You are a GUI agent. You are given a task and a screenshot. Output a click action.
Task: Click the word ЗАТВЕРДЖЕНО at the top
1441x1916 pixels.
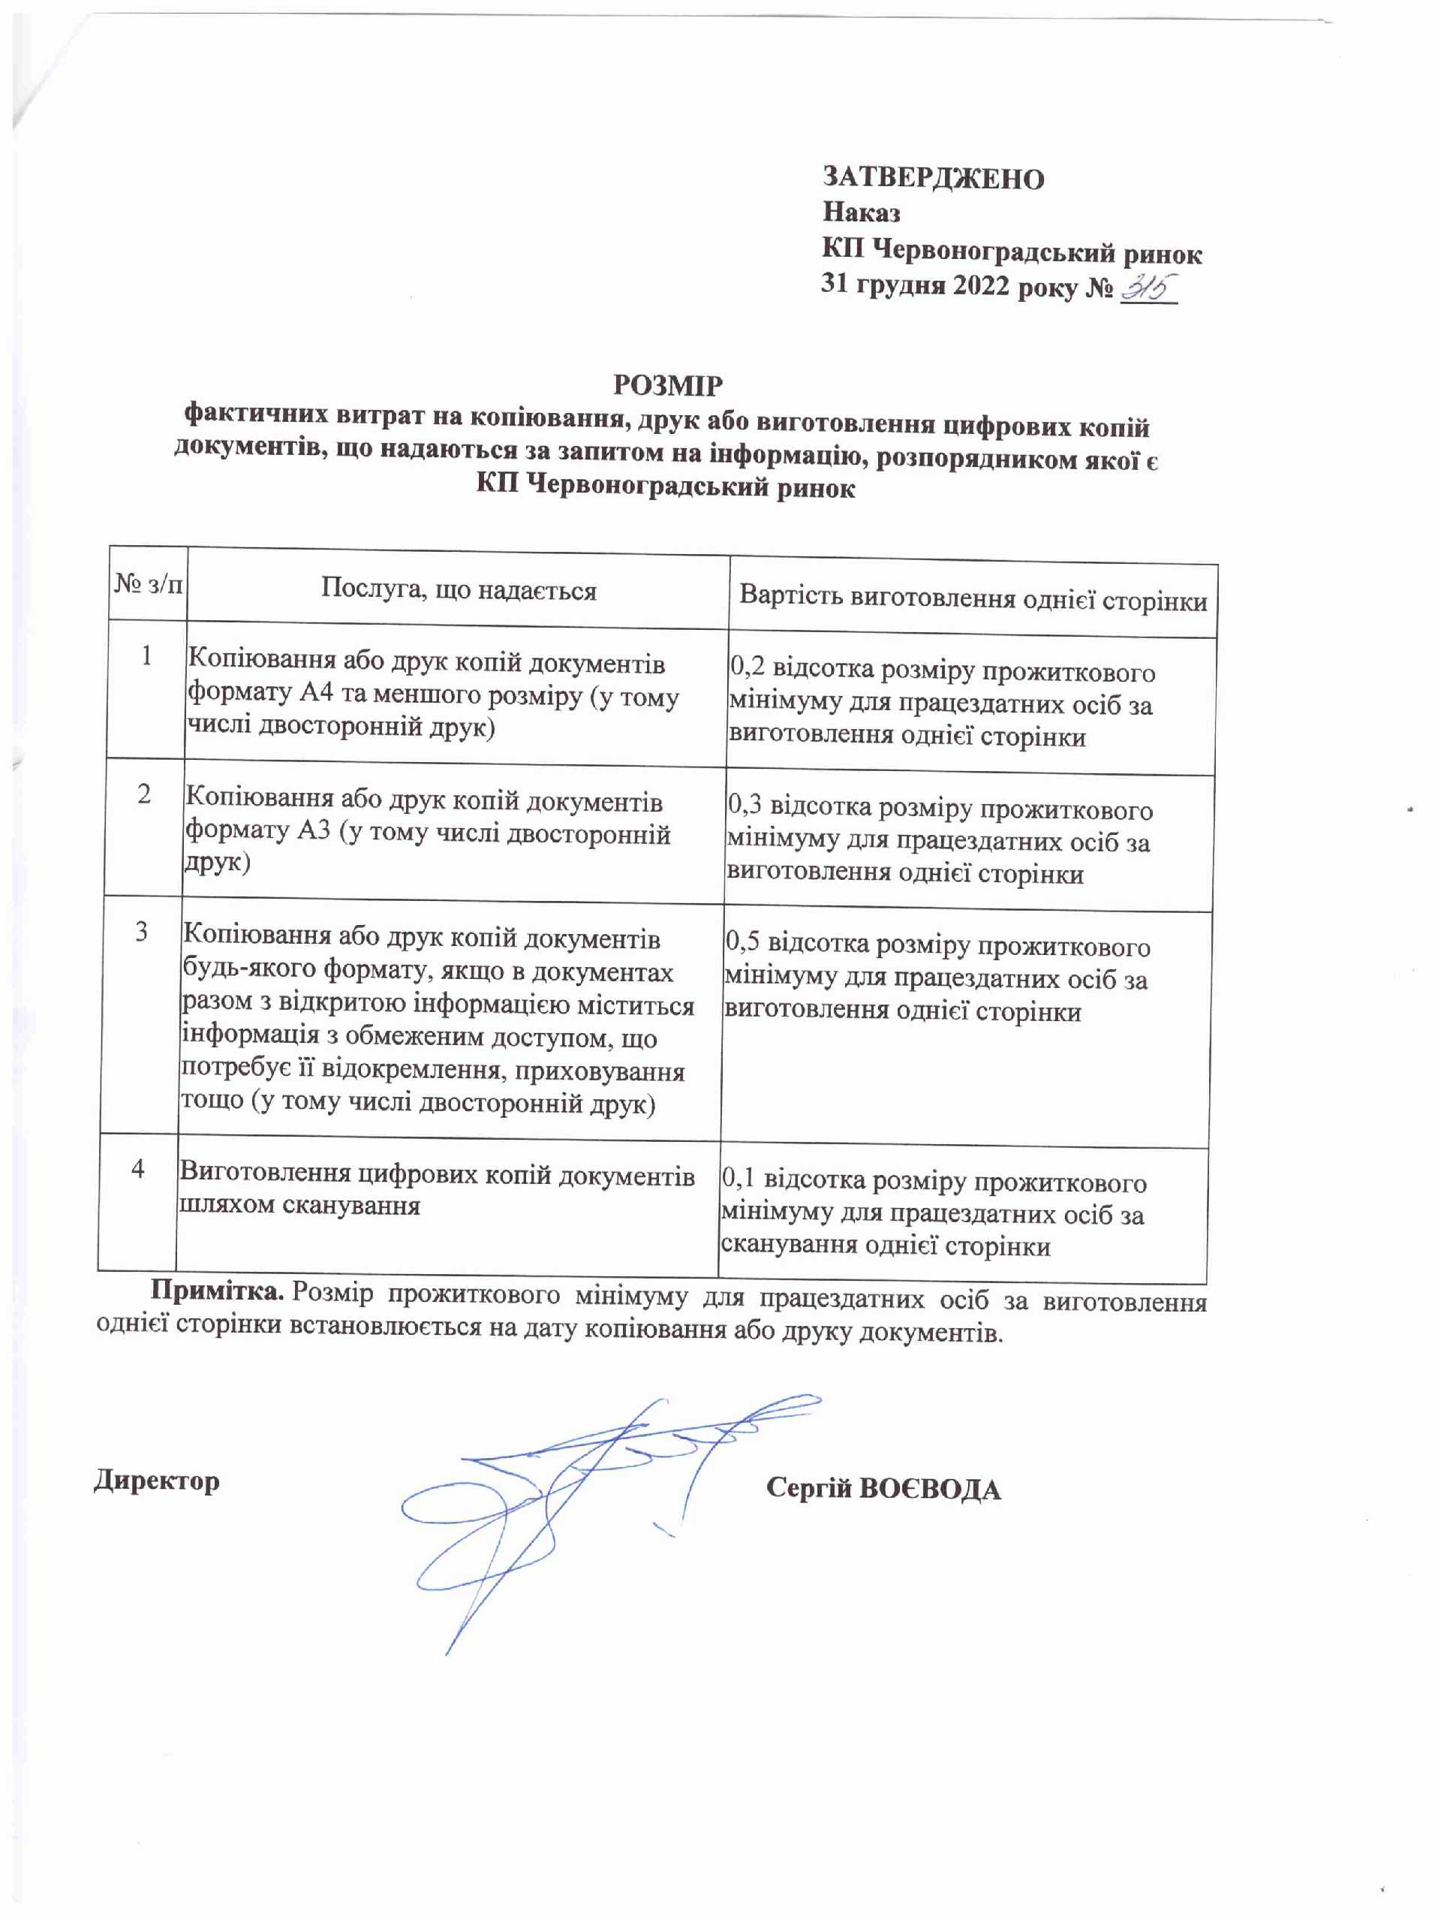coord(933,178)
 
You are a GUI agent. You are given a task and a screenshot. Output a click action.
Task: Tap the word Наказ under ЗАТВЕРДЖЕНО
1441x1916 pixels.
coord(861,212)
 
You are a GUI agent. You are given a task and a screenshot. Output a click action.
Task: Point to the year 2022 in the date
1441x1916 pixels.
coord(981,285)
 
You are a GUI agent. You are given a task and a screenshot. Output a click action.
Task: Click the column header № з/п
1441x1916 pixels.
coord(148,585)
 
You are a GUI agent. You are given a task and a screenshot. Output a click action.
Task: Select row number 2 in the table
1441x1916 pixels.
coord(144,794)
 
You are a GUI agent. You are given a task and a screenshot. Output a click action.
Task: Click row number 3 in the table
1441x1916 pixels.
coord(141,932)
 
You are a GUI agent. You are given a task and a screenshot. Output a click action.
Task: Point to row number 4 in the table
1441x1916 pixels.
coord(137,1168)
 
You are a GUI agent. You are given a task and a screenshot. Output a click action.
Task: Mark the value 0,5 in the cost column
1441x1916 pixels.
coord(742,941)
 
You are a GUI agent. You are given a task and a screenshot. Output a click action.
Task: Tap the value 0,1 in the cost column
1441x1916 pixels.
coord(738,1177)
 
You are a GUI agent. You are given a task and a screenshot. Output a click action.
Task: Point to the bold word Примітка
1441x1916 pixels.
coord(218,1291)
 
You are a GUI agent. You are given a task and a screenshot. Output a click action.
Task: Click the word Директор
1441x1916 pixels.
coord(157,1481)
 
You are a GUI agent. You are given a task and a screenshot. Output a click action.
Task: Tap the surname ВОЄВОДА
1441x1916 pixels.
coord(928,1489)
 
